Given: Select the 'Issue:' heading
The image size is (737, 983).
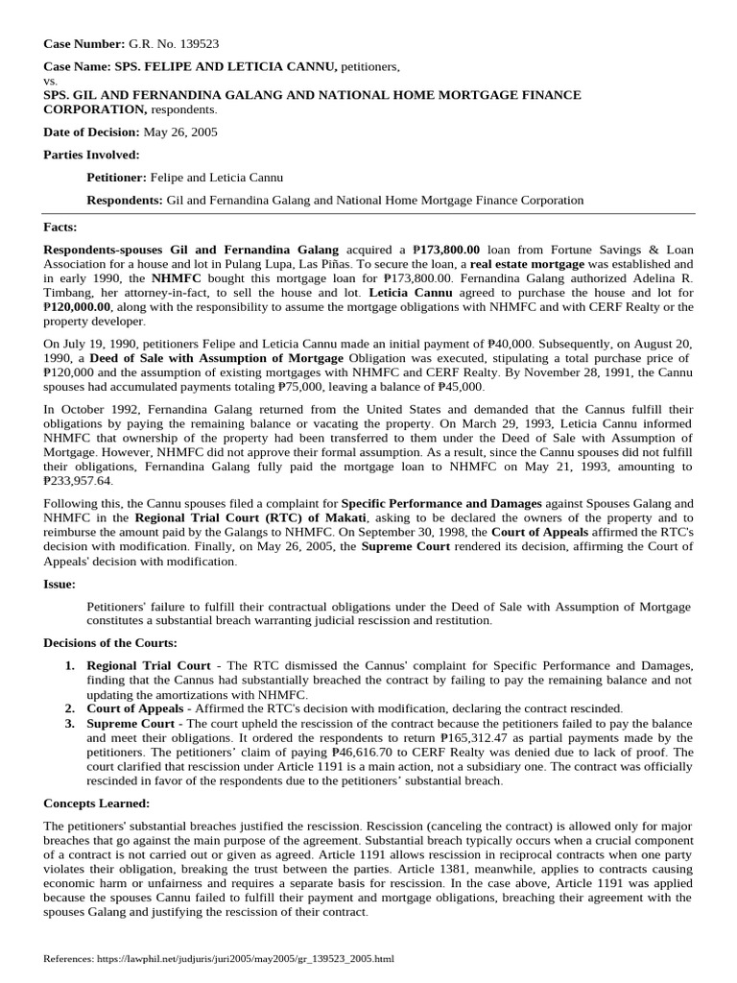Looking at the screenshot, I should [x=59, y=584].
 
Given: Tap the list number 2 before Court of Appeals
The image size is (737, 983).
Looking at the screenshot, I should [x=70, y=707].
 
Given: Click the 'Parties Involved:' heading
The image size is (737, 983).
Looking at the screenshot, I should [x=92, y=154].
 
